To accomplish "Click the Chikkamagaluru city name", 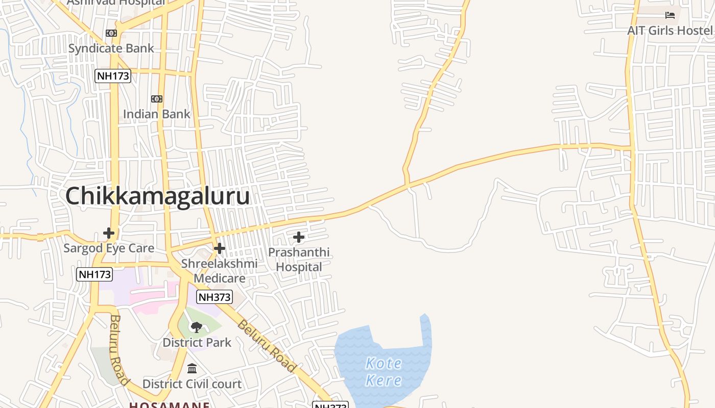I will click(157, 196).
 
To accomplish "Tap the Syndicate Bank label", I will click(111, 48).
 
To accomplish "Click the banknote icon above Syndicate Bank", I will click(111, 33).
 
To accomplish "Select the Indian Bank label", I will click(156, 114).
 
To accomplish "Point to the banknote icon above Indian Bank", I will click(157, 99).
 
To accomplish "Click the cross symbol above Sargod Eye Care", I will click(109, 233).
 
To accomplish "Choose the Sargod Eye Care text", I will click(109, 248).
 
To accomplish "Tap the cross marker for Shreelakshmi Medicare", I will click(220, 248).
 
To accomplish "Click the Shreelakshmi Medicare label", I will click(220, 271).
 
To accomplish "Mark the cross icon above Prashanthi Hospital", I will click(299, 237).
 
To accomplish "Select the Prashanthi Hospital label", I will click(299, 260).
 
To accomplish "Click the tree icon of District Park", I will click(197, 327).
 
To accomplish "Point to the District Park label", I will click(197, 342).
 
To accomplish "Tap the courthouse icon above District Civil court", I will click(192, 368).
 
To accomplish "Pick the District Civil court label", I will click(192, 384).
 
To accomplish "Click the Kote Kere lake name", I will click(384, 372).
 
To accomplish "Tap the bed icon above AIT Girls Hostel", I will click(670, 15).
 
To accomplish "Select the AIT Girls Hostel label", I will click(670, 31).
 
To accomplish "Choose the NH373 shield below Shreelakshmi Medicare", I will click(214, 297).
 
